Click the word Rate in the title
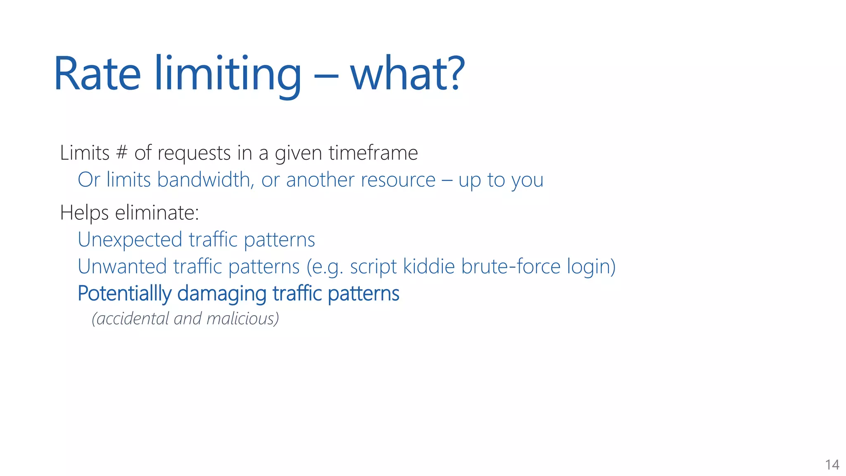point(97,74)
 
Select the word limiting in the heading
point(228,74)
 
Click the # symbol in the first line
point(121,152)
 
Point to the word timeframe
point(373,152)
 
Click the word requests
point(195,153)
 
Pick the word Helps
point(84,213)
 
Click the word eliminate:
point(157,213)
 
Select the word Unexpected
point(130,240)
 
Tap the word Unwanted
point(122,267)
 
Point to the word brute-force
point(511,266)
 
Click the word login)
point(591,267)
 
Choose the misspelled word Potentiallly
point(124,294)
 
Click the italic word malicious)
point(242,319)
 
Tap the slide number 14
point(832,465)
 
